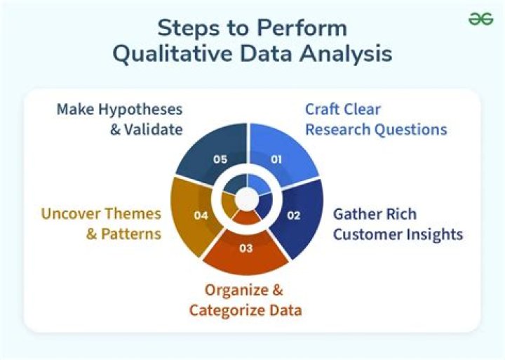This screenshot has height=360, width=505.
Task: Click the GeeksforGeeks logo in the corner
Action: coord(481,20)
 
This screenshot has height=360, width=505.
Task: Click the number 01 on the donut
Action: coord(276,159)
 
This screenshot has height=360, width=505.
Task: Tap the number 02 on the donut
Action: coord(294,215)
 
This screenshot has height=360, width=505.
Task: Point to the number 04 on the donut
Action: coord(201,215)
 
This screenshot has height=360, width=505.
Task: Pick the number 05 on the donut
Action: coord(220,159)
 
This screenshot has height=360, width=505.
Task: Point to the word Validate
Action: coord(152,130)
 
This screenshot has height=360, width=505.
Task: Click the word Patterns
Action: coord(131,234)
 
